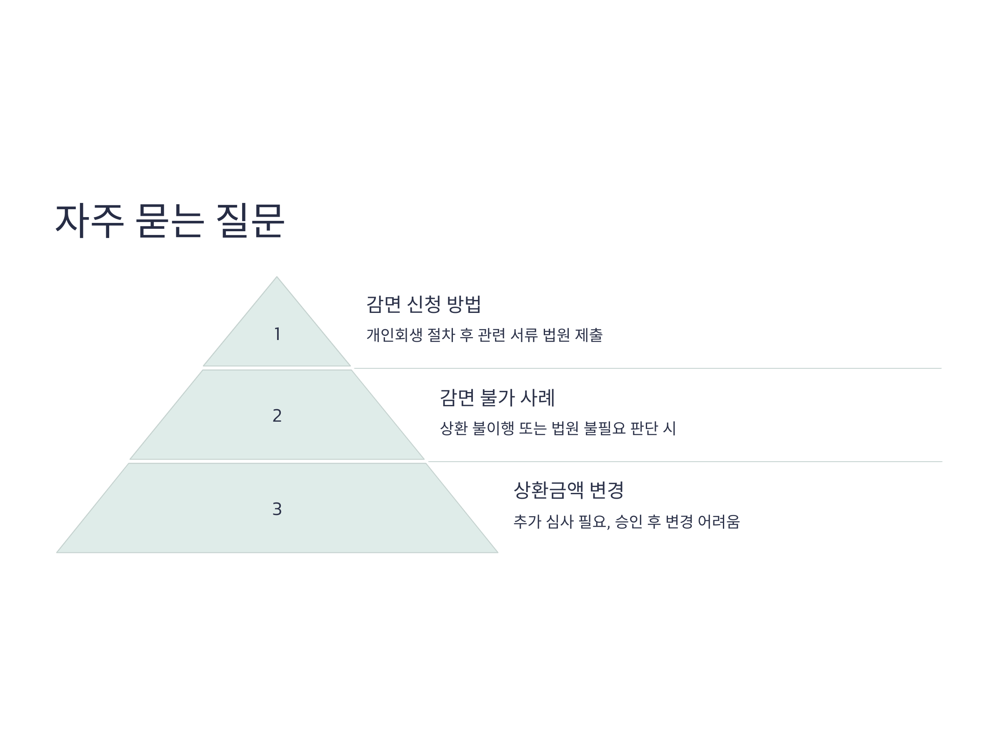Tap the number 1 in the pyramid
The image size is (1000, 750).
tap(277, 334)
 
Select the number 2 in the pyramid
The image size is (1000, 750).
tap(277, 415)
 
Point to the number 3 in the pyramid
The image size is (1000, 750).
tap(277, 509)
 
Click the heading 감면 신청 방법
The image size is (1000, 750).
tap(424, 304)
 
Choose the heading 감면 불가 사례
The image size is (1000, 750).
tap(497, 398)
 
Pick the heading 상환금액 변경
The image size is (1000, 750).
tap(569, 490)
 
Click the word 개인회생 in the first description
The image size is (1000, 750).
tap(394, 335)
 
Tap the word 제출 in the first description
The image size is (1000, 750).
tap(589, 335)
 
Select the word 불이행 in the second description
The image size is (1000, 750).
tap(493, 428)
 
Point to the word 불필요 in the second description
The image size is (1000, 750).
tap(605, 428)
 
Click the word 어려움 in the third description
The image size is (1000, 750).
tap(719, 522)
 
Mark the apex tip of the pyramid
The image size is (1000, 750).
tap(277, 277)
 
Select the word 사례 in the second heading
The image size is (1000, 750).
tap(537, 398)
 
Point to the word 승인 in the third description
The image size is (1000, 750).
tap(629, 522)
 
